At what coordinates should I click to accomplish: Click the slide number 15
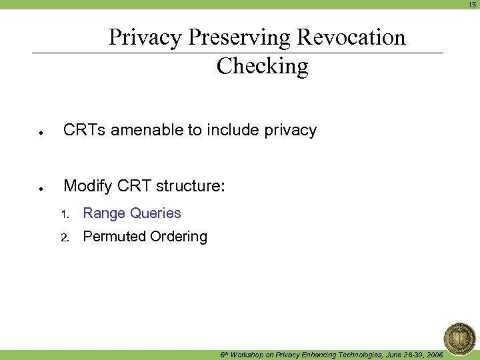(472, 5)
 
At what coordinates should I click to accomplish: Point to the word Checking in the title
(263, 66)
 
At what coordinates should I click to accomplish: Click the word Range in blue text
(105, 213)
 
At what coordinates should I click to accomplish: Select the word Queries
(156, 213)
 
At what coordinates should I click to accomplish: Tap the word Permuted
(114, 237)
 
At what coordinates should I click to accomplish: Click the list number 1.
(65, 215)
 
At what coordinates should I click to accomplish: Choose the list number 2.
(65, 238)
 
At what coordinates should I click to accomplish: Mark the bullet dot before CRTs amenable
(41, 133)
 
